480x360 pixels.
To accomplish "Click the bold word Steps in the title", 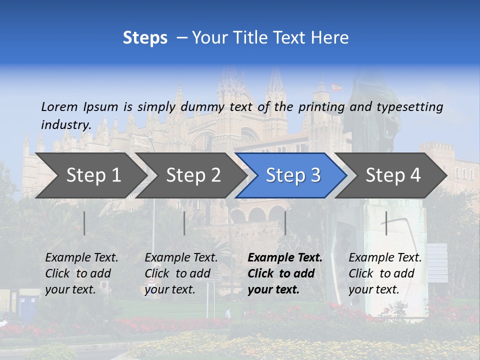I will click(145, 38).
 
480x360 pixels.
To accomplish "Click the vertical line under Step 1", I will click(84, 223).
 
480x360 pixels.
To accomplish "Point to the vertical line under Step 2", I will click(184, 223).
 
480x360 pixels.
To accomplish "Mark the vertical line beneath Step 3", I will click(285, 223).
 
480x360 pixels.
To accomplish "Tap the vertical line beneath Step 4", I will click(386, 223).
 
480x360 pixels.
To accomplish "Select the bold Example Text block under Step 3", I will click(285, 273).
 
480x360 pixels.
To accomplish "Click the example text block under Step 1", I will click(81, 273).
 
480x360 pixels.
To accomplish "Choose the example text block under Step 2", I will click(181, 273).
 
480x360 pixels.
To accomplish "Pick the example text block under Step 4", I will click(385, 273).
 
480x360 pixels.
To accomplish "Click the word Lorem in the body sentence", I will click(59, 106).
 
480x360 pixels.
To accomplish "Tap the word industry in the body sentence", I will click(65, 124).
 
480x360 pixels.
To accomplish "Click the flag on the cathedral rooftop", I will click(336, 87).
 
